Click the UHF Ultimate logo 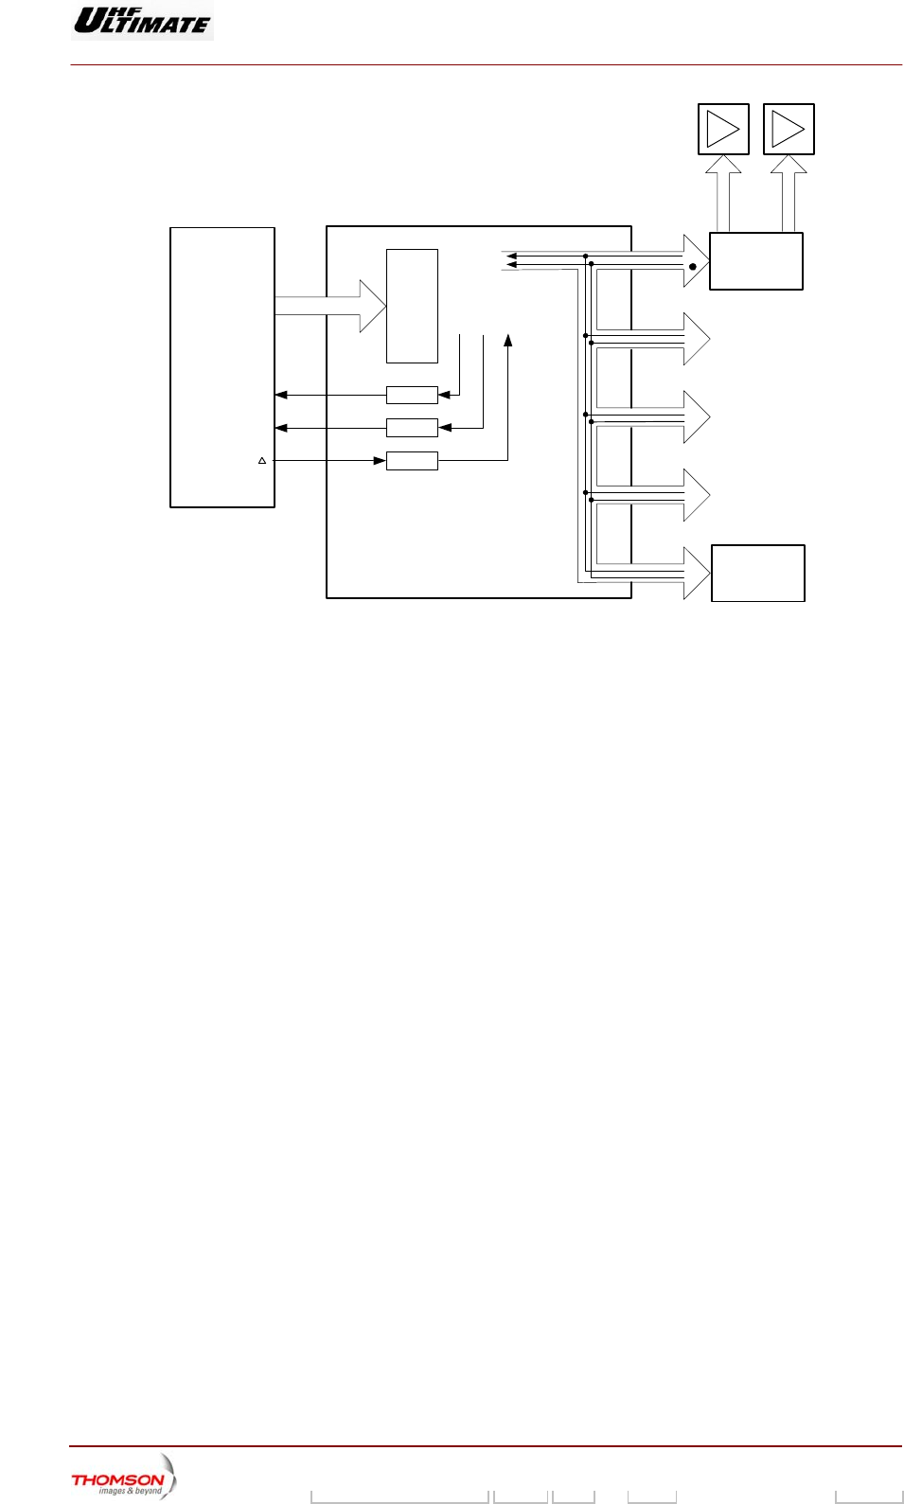[142, 20]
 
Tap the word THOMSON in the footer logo [117, 1479]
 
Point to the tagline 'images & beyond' [130, 1491]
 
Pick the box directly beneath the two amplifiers [756, 261]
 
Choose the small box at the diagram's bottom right [758, 573]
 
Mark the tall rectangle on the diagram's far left [222, 367]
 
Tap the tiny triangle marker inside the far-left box [262, 461]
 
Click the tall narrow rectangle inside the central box [412, 306]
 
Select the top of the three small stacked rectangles [412, 395]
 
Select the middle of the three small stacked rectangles [412, 428]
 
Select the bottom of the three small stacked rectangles [412, 461]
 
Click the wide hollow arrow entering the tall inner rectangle [331, 306]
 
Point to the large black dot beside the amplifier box [693, 267]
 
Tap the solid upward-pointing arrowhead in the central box [508, 340]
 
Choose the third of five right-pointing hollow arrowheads [696, 416]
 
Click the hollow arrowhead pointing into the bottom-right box [696, 573]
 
